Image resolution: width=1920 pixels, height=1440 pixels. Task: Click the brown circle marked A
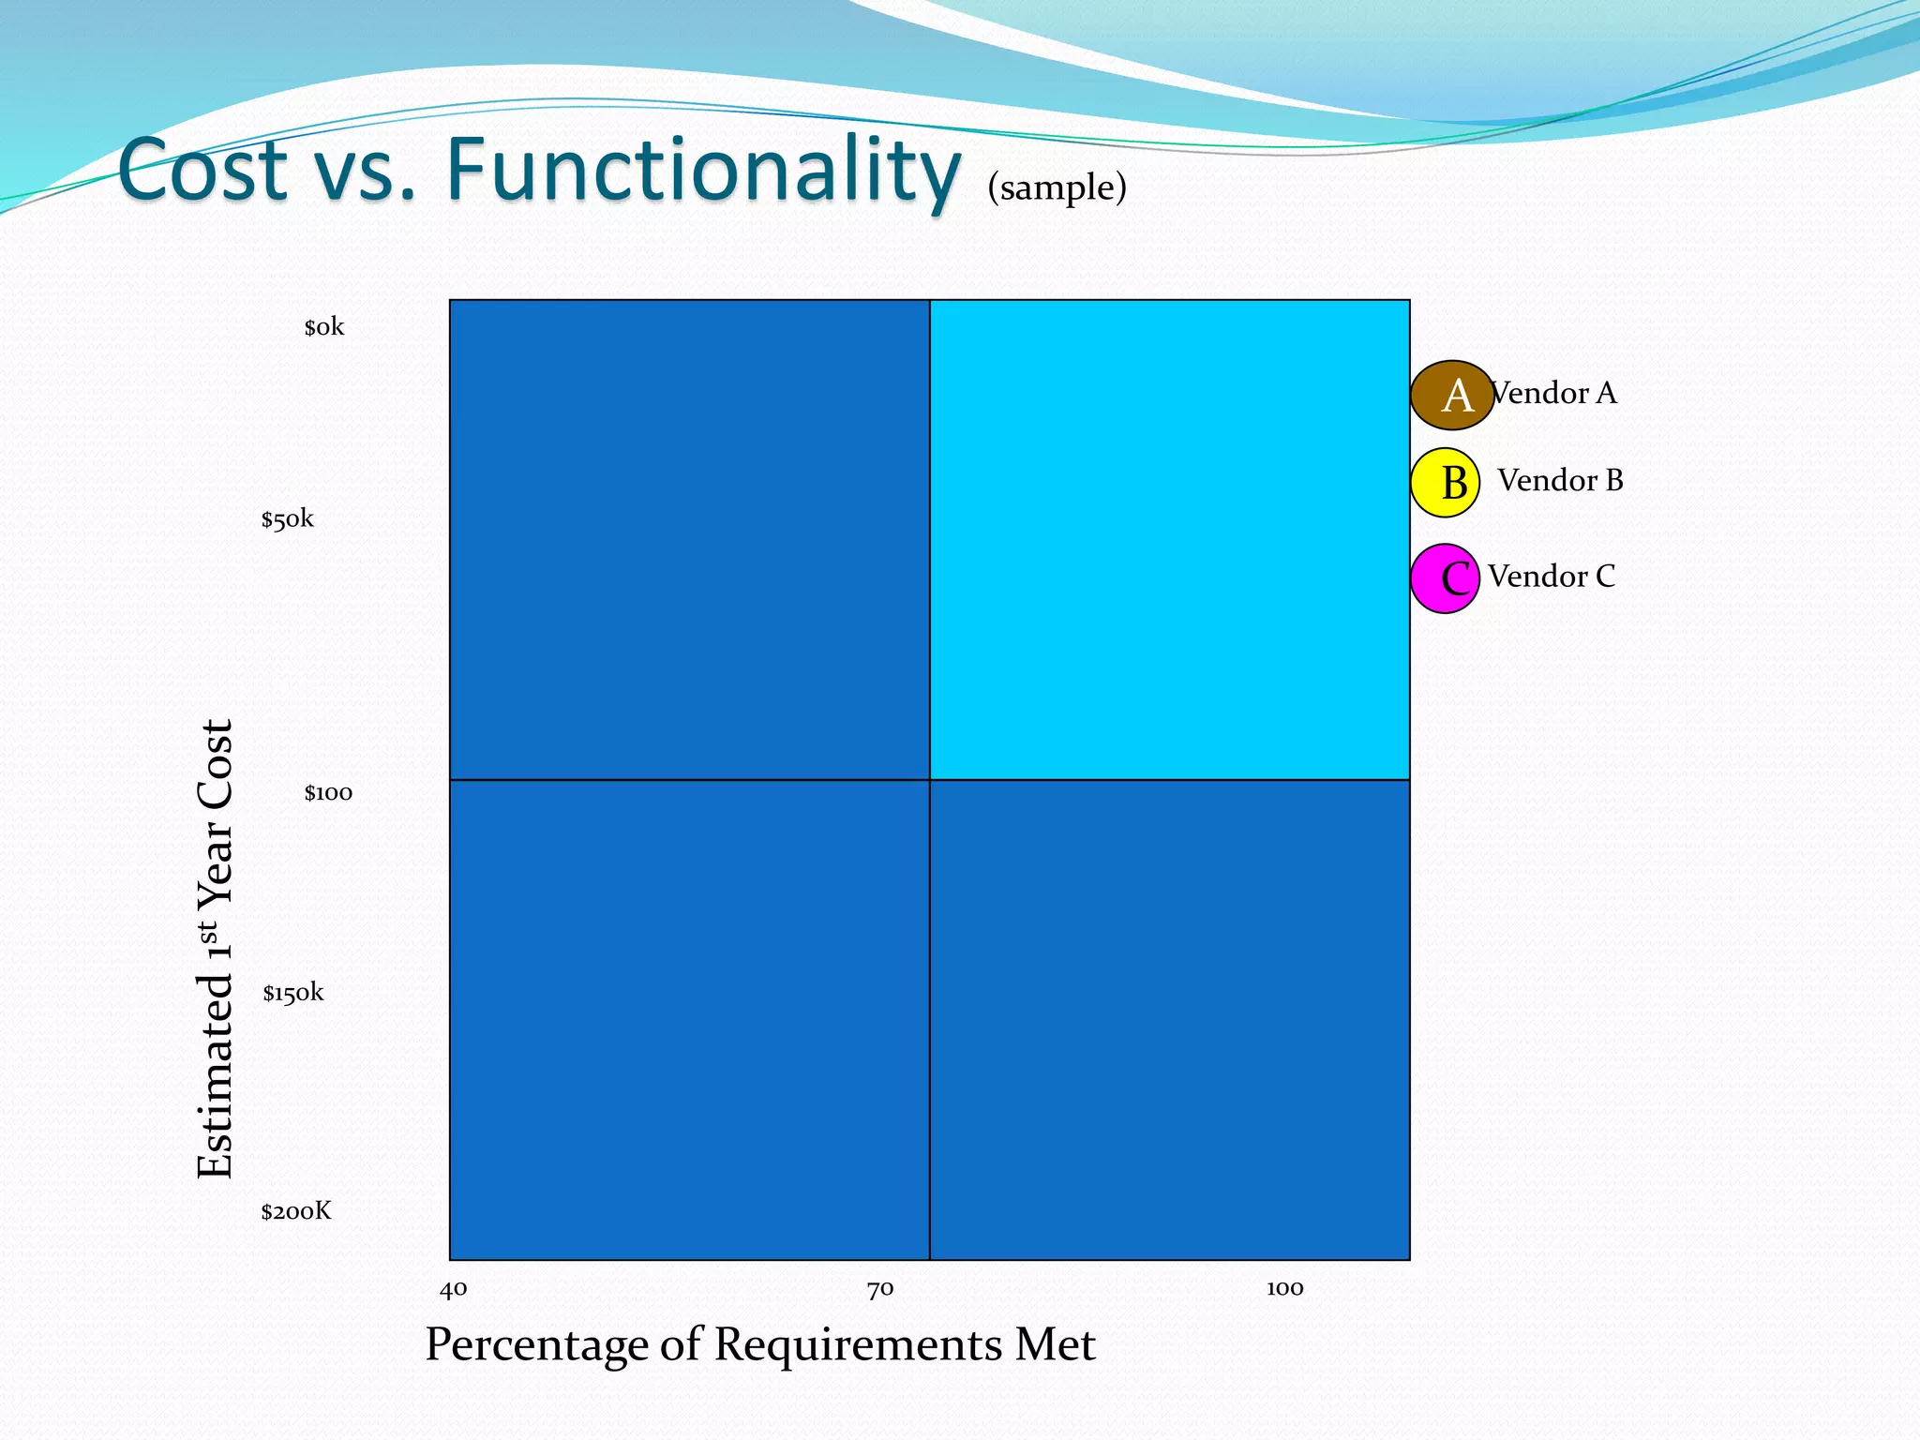point(1452,395)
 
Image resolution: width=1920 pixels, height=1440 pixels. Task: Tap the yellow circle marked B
point(1445,483)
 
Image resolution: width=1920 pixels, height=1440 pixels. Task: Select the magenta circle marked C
point(1445,578)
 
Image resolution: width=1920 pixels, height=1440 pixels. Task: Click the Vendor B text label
point(1560,480)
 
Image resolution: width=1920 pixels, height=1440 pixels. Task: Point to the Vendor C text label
point(1552,576)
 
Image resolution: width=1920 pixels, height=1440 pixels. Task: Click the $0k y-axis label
point(324,327)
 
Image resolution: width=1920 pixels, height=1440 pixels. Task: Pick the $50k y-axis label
point(288,519)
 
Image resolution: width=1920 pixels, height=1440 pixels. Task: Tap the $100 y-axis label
point(328,793)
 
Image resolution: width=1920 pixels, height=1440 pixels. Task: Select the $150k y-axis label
point(293,993)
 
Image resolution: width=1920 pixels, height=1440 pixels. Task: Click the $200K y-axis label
point(296,1211)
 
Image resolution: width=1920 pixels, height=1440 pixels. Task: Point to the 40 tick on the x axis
point(454,1289)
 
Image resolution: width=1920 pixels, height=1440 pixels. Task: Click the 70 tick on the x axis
point(880,1290)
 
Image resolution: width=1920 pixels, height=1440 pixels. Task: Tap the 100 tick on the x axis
point(1285,1288)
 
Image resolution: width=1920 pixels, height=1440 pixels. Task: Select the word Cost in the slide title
point(202,171)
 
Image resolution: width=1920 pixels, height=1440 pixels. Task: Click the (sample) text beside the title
point(1057,187)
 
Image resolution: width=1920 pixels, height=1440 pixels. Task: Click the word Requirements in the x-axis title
point(858,1344)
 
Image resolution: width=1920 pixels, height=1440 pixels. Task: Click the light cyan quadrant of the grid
point(1170,539)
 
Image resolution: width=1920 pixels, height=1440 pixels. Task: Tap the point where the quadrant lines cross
point(930,780)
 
